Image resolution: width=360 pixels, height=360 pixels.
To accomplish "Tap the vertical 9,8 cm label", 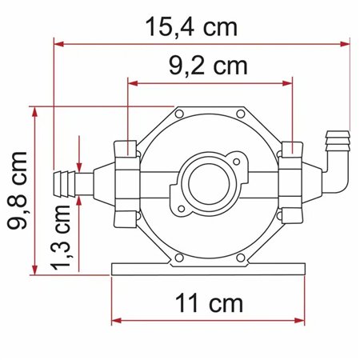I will coord(18,190).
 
